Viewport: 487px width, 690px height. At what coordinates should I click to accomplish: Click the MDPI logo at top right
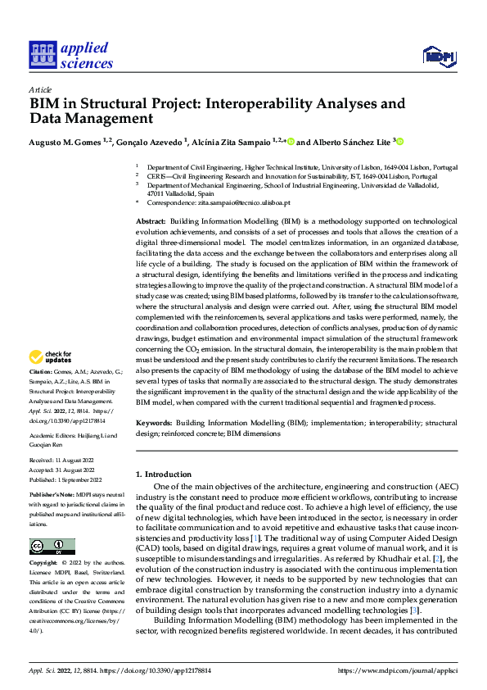438,56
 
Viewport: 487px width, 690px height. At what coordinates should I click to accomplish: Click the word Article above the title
40,89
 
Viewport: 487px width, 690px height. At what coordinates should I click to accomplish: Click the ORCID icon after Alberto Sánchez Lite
401,141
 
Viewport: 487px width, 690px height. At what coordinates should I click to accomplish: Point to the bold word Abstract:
151,222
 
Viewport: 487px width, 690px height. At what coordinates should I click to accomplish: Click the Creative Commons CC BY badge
52,547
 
